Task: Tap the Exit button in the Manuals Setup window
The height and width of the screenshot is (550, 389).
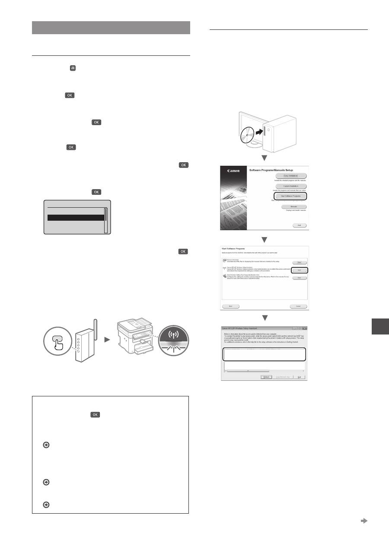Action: click(x=299, y=225)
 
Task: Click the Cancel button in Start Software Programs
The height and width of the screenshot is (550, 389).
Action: click(x=298, y=306)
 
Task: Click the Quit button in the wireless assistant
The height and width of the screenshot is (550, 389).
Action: click(x=299, y=377)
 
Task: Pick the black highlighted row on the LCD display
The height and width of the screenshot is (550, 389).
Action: click(x=75, y=218)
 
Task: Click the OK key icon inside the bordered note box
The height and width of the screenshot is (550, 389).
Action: click(x=95, y=415)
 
